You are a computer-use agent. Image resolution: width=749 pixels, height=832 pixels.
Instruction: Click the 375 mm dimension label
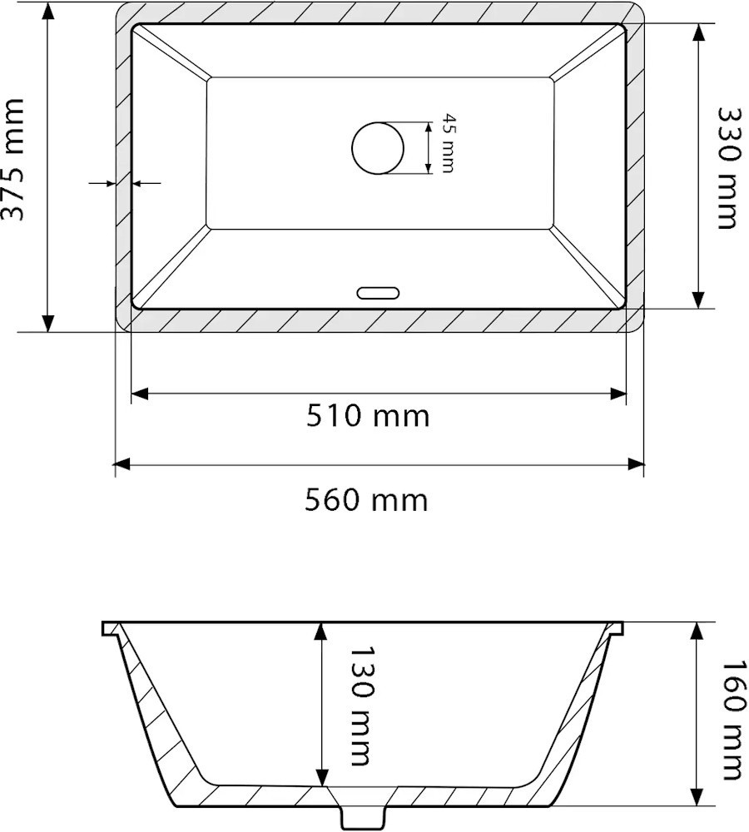coord(12,159)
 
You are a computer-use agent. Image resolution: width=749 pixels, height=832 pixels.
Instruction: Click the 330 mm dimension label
coord(727,168)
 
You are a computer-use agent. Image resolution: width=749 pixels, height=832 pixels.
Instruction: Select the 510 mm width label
coord(367,416)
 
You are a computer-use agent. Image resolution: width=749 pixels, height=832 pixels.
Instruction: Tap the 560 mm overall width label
coord(366,500)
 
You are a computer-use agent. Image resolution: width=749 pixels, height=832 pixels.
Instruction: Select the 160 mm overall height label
coord(734,720)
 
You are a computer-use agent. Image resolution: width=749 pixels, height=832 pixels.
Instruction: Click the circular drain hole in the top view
coord(378,148)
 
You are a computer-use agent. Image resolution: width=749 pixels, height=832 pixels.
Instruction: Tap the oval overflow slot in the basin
coord(378,292)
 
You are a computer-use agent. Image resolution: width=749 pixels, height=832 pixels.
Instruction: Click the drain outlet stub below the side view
coord(363,817)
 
